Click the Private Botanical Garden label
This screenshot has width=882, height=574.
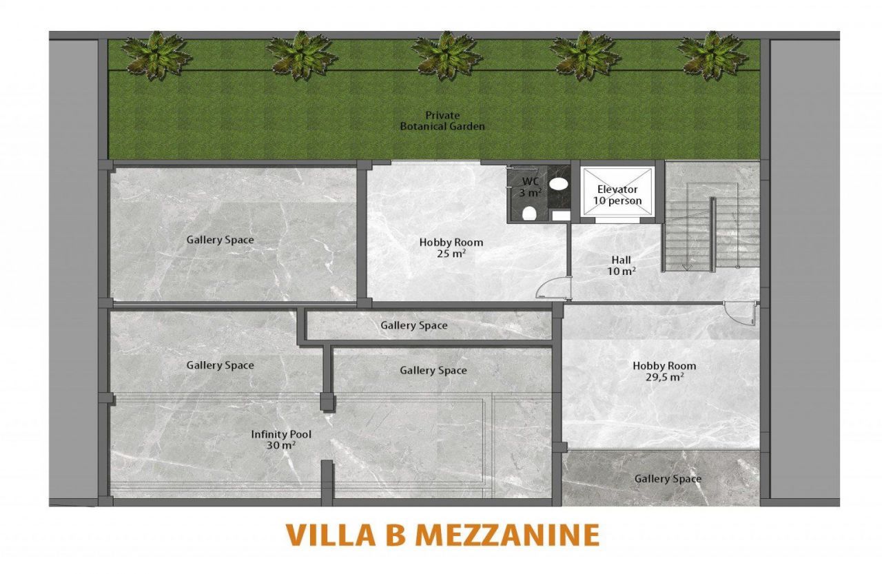pos(442,121)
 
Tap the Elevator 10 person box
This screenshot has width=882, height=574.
pos(617,192)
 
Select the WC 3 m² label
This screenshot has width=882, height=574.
pos(529,187)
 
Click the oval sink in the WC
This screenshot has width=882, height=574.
pos(559,183)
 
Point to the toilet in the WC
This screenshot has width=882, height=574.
pos(530,214)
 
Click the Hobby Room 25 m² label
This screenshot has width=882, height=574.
pos(451,247)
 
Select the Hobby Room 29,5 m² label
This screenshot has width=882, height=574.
pos(664,371)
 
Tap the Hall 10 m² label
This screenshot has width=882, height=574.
pos(622,265)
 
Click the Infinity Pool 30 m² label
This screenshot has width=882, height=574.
pos(281,440)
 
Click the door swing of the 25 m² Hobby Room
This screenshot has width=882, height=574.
pos(553,286)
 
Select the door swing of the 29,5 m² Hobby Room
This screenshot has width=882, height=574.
pos(740,313)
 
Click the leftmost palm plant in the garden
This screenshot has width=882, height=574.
pos(156,54)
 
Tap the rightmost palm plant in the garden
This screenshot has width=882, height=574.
pos(712,54)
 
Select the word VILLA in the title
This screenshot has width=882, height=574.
pos(331,535)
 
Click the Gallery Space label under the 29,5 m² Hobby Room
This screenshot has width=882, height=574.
pos(668,479)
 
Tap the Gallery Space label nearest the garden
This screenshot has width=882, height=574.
pos(220,240)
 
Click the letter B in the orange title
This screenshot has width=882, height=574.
pos(396,535)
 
